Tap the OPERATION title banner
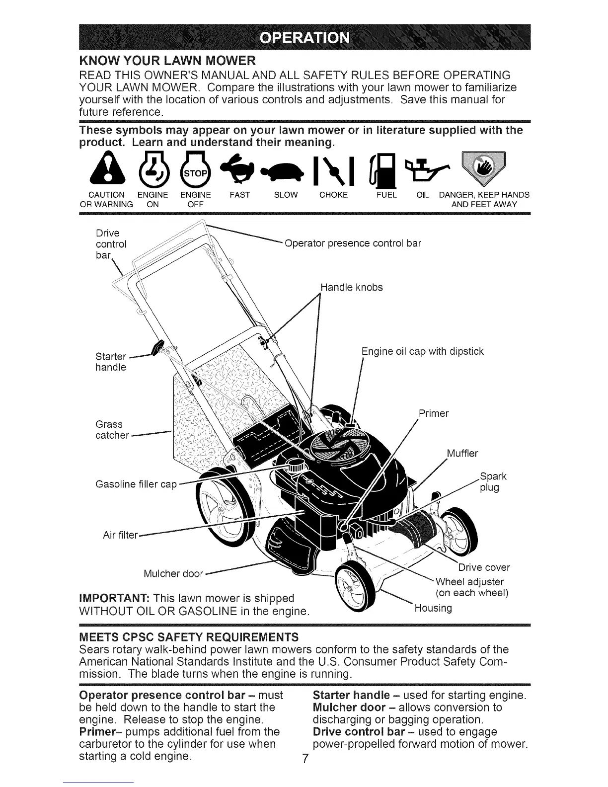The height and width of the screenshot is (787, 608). tap(304, 37)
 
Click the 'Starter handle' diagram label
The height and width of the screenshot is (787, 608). tap(110, 362)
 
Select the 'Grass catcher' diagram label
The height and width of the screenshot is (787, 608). tap(112, 430)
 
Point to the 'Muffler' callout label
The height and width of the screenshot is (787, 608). tap(462, 453)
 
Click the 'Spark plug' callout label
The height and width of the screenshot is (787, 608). tap(492, 482)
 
